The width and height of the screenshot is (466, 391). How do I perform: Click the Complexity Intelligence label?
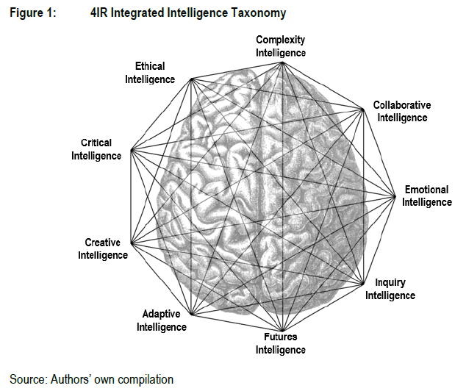(280, 46)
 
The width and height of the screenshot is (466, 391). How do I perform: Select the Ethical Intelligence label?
(150, 73)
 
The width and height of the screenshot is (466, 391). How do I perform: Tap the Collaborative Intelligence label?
(401, 111)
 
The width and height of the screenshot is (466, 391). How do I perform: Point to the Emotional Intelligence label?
(426, 195)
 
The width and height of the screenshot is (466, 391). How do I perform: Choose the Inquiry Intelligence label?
(390, 289)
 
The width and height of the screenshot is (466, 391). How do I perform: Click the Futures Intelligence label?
(280, 343)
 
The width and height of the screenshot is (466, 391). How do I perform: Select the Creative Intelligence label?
(106, 248)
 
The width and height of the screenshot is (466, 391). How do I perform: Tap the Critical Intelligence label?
(96, 149)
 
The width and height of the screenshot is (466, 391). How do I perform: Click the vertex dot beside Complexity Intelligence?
(283, 63)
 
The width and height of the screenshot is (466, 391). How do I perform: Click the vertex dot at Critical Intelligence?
(130, 151)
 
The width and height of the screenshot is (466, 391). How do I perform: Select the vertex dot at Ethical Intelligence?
(190, 79)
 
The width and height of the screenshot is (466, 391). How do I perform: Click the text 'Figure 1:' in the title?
(31, 13)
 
